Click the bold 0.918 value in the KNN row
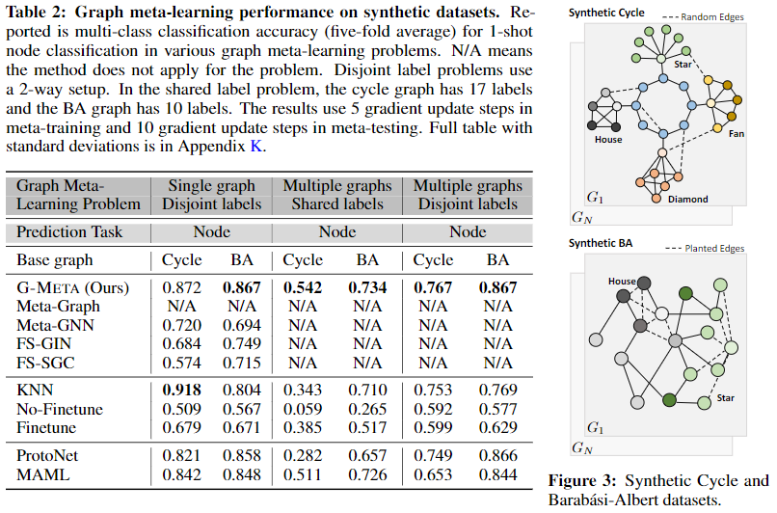pos(182,391)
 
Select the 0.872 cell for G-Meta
pos(182,287)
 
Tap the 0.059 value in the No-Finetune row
pos(303,409)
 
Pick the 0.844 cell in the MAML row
pos(497,474)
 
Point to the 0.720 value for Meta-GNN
pos(182,325)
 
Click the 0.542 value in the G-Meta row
pos(303,287)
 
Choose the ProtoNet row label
pos(47,455)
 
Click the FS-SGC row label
pos(45,363)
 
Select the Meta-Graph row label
pos(58,307)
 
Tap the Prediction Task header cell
pos(68,232)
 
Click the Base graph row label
pos(55,260)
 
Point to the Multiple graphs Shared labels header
pos(337,195)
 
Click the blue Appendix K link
pos(256,147)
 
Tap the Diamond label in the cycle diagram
pos(687,200)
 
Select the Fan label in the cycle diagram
pos(737,134)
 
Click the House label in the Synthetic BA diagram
pos(622,281)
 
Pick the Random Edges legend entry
pos(703,16)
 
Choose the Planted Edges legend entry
pos(705,249)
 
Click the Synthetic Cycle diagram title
pos(606,13)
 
